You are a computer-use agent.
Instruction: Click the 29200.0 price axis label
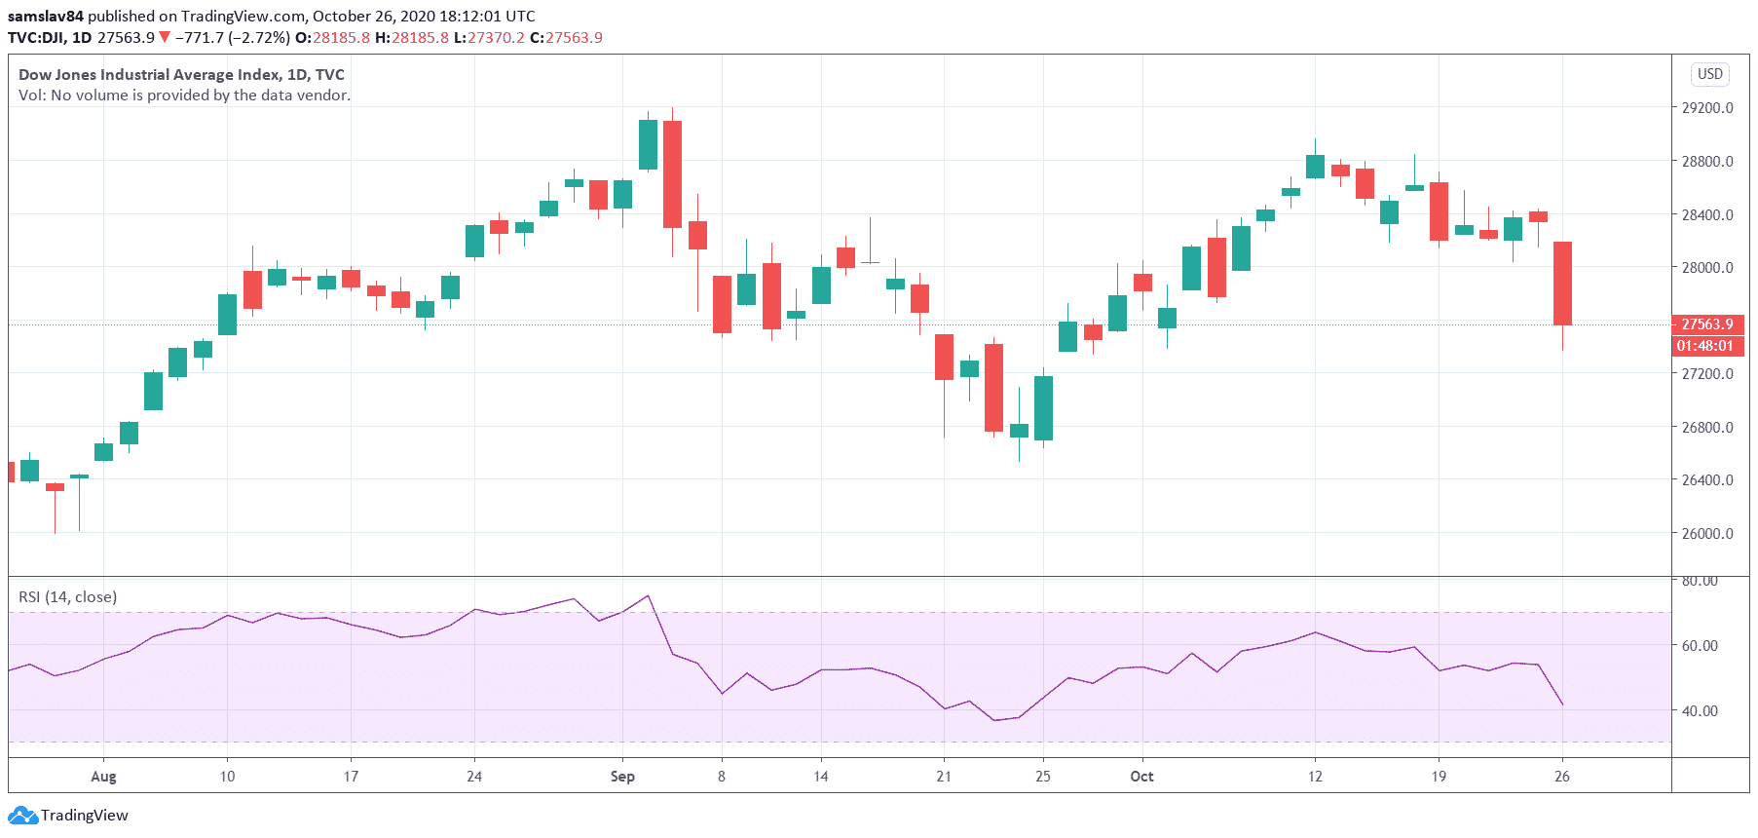(x=1707, y=108)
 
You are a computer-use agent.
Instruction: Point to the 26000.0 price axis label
(x=1707, y=534)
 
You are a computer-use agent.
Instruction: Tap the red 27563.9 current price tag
(x=1707, y=324)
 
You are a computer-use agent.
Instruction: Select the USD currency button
(x=1709, y=74)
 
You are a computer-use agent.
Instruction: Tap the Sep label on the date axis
(x=622, y=777)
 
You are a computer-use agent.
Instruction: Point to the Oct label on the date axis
(x=1141, y=777)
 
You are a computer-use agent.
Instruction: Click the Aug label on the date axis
(x=103, y=777)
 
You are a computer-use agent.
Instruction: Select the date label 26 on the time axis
(x=1562, y=777)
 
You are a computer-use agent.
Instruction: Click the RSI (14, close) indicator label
(x=68, y=596)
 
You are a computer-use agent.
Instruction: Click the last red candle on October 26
(x=1562, y=283)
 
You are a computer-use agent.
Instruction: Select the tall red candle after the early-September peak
(x=672, y=173)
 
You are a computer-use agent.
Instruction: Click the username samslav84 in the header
(x=46, y=16)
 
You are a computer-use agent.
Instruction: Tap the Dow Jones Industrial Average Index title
(x=181, y=74)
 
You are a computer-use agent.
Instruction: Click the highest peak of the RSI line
(x=648, y=595)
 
